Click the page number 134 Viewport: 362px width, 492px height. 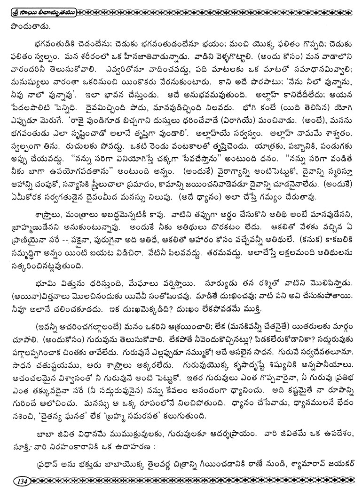(22, 481)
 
